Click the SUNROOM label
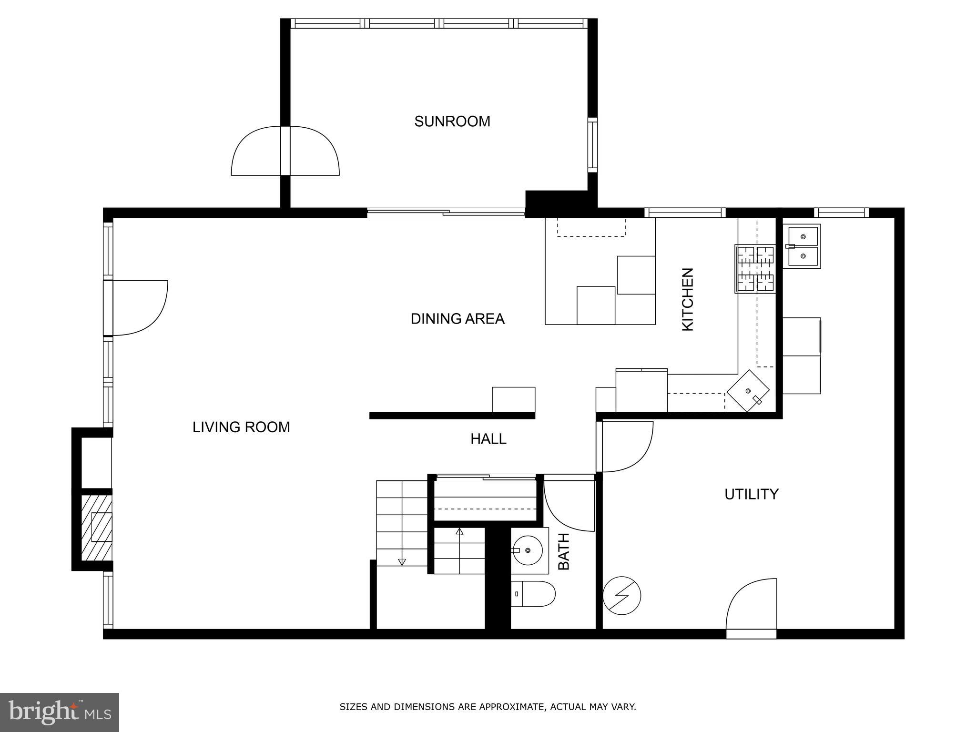pos(452,122)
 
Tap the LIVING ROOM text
pos(241,427)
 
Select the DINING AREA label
pos(457,319)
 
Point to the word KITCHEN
pos(688,299)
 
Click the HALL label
pos(488,439)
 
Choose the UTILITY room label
pos(752,494)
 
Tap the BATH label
pos(564,551)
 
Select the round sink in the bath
pos(528,550)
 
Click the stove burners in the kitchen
pos(755,269)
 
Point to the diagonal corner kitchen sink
pos(748,391)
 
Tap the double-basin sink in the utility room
pos(803,246)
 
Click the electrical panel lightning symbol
pos(621,595)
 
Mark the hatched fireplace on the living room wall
pos(97,528)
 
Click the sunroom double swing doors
pos(285,151)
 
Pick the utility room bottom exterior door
pos(752,608)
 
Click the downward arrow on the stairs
pos(402,562)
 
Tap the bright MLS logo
pos(60,712)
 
